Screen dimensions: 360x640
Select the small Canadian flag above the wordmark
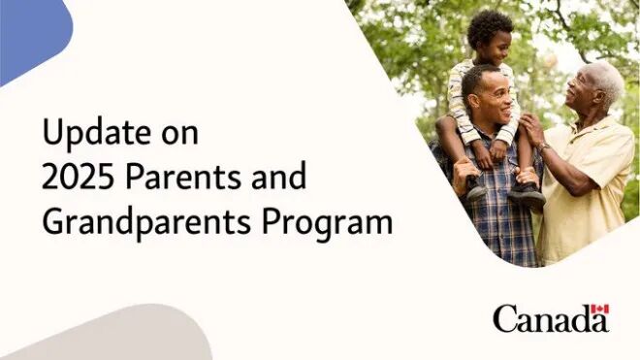pyautogui.click(x=599, y=312)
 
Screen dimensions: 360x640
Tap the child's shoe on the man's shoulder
pyautogui.click(x=527, y=194)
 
